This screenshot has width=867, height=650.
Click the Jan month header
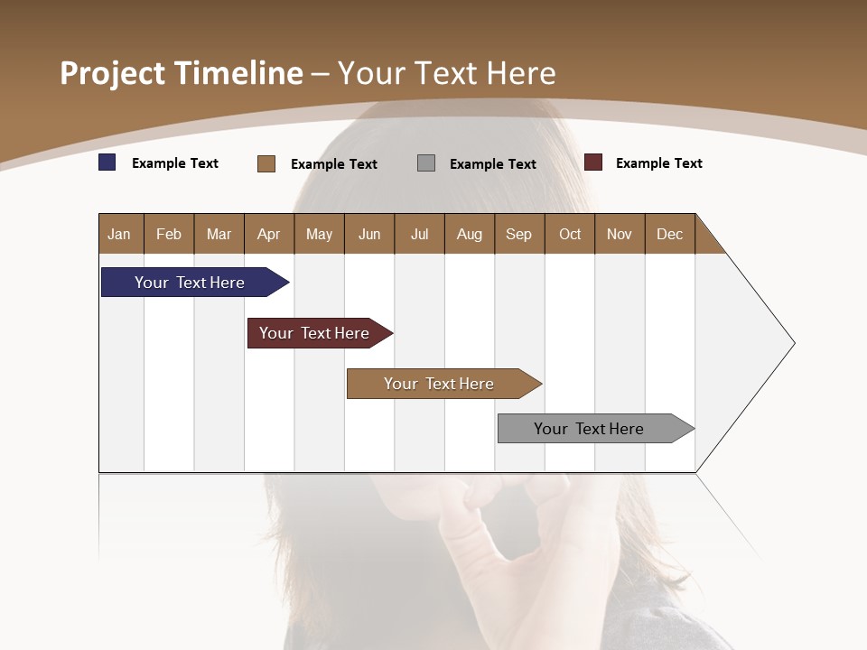point(120,234)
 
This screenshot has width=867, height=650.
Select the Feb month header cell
point(169,234)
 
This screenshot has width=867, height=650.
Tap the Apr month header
point(269,234)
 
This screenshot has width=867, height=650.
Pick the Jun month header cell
point(369,234)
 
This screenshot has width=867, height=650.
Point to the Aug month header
point(470,234)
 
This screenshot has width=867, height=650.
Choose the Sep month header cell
point(519,234)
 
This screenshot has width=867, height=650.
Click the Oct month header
point(570,234)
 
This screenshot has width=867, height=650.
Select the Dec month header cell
point(670,234)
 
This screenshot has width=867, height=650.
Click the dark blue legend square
point(107,162)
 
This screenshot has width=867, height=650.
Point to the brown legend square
point(266,163)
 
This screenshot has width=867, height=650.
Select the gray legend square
point(426,163)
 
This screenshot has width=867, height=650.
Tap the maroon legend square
point(593,162)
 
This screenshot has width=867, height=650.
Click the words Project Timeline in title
point(182,73)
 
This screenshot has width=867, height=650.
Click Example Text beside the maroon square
point(658,163)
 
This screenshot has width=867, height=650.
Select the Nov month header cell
point(620,234)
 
